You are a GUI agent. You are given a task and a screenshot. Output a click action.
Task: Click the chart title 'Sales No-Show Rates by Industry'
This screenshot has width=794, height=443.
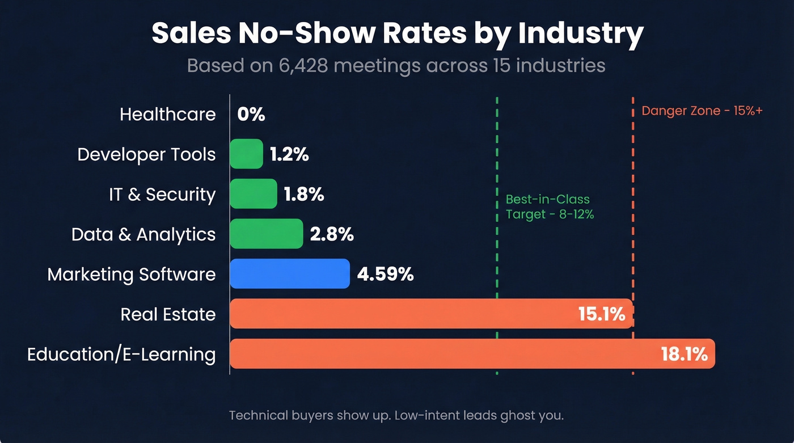coord(397,34)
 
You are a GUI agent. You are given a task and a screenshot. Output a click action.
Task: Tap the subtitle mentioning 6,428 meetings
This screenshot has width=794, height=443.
coord(396,66)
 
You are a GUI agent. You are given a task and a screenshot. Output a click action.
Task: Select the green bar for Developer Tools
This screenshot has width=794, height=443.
coord(246,154)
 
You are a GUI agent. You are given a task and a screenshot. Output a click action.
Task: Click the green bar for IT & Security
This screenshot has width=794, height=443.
coord(253,194)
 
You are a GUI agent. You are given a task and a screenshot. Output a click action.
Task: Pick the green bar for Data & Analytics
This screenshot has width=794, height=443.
coord(266,234)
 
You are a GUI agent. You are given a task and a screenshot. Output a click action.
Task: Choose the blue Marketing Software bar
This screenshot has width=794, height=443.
coord(289,274)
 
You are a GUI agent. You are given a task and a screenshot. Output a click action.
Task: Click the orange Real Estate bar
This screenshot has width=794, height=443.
coord(397,314)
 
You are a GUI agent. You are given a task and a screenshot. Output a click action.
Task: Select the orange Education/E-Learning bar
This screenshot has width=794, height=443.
coord(442,354)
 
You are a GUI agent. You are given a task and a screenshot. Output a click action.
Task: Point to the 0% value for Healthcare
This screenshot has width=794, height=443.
coord(251,115)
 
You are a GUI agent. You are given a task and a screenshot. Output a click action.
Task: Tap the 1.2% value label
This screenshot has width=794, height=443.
coord(289,154)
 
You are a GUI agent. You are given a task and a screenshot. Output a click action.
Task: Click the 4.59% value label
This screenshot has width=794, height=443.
coord(385,275)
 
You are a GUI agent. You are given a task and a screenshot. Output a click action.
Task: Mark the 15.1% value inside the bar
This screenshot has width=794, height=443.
coord(601,314)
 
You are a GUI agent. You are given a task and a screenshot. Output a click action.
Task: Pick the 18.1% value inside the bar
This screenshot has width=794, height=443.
coord(684,355)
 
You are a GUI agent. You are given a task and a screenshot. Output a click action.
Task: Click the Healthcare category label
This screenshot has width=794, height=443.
coord(168,115)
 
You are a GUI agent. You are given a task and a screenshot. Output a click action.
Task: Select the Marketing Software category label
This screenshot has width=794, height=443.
coord(132,275)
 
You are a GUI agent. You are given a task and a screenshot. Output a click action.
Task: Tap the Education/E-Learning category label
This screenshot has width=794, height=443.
coord(121,355)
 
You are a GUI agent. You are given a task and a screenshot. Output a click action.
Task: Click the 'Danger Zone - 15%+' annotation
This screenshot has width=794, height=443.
coord(702,111)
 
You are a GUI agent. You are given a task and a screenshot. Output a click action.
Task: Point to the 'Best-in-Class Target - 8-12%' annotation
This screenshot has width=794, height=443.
coord(549,207)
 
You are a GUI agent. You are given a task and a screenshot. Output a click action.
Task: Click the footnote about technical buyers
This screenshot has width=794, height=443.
coord(396,415)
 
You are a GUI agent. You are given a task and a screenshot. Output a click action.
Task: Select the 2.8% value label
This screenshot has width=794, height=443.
coord(332,234)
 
